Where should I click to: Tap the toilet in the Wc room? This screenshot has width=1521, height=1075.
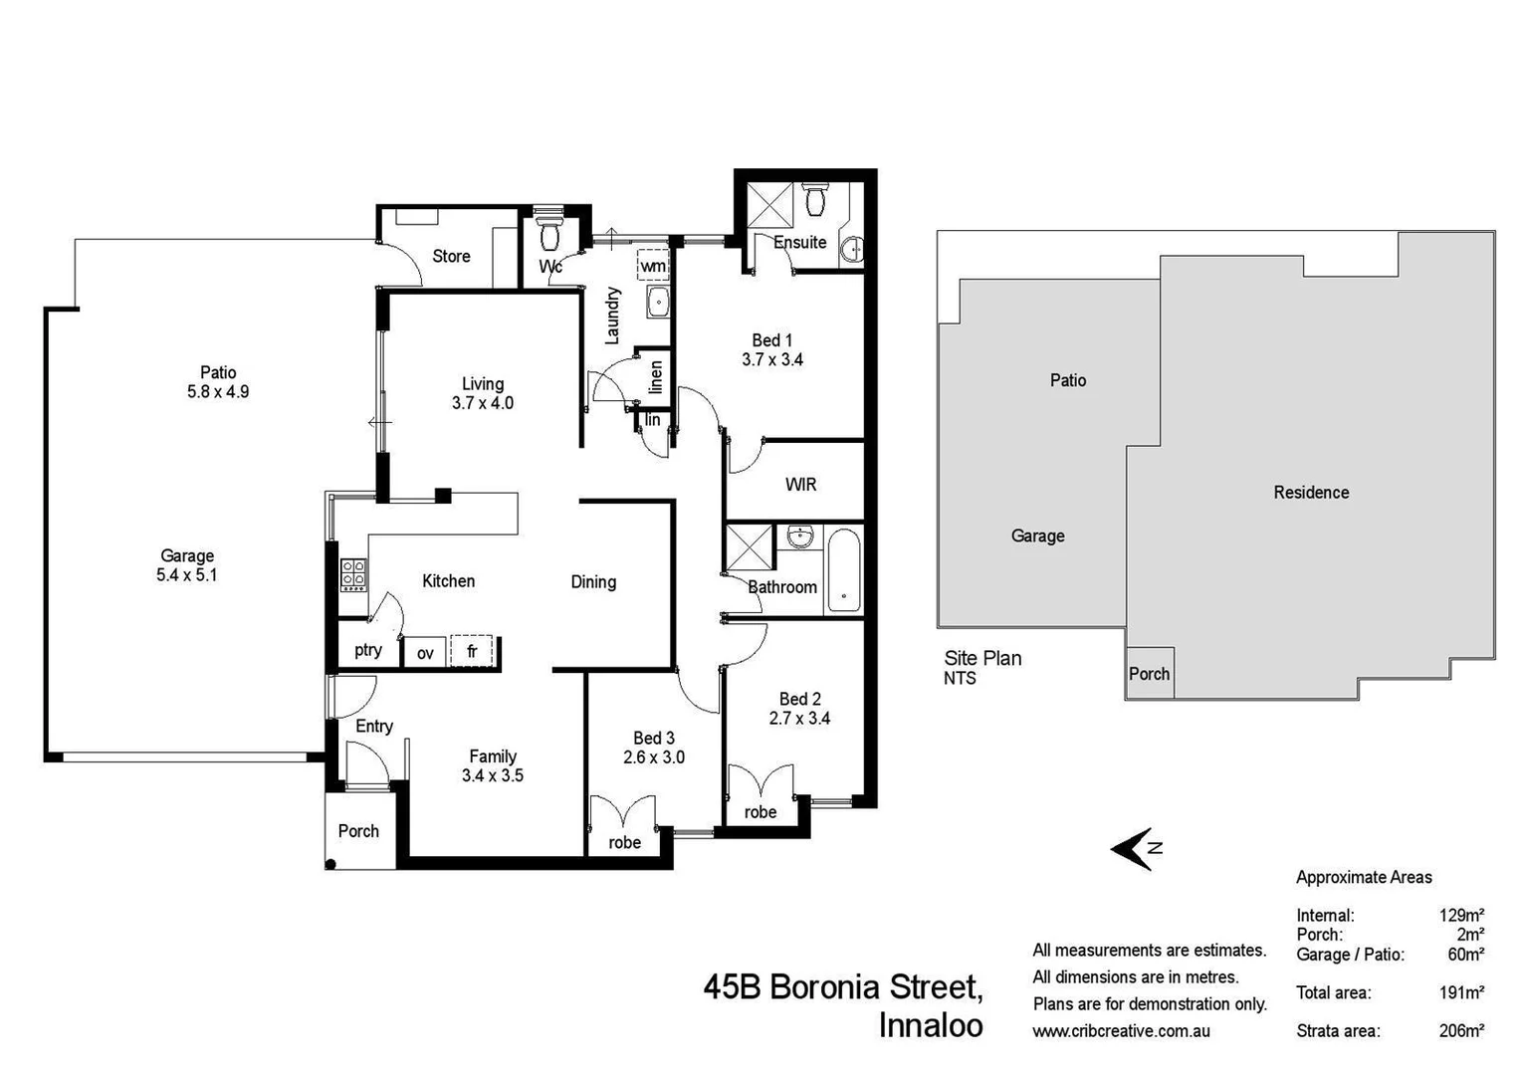tap(548, 235)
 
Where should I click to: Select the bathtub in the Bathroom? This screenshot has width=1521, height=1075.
tap(843, 570)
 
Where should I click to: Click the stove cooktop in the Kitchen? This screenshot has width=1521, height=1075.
tap(353, 574)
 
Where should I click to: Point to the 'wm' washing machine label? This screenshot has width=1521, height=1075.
tap(653, 266)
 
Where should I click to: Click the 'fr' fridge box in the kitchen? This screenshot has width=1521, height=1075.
tap(472, 651)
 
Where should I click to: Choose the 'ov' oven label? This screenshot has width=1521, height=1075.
tap(425, 653)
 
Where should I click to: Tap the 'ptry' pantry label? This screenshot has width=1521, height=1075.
tap(368, 650)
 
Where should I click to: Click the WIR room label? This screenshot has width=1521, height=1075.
tap(800, 485)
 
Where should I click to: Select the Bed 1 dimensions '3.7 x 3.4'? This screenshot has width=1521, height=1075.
tap(772, 359)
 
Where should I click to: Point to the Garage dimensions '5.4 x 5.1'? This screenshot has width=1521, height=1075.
tap(187, 575)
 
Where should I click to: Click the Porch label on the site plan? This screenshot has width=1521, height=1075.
tap(1149, 674)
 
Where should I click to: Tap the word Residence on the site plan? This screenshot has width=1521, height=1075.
tap(1311, 493)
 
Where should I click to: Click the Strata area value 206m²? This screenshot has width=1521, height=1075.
tap(1461, 1031)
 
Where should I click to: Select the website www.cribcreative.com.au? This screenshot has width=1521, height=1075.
tap(1121, 1031)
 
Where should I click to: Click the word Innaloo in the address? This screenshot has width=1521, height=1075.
tap(931, 1025)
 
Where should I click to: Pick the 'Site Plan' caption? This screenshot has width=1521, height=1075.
tap(982, 658)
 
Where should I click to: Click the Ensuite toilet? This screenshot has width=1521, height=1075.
tap(815, 199)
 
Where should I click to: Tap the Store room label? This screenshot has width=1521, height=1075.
tap(451, 257)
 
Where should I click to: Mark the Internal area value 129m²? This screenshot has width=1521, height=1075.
tap(1461, 916)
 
